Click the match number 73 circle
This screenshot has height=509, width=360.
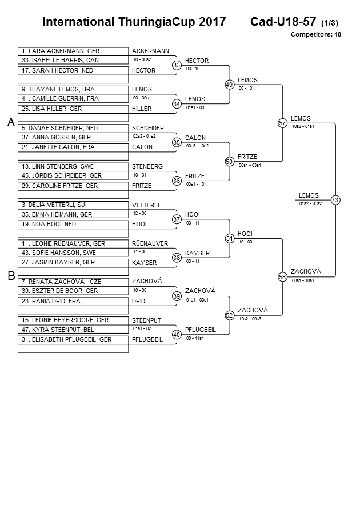pos(335,200)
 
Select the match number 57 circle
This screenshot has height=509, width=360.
pos(282,123)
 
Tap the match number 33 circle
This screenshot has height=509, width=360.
pos(177,65)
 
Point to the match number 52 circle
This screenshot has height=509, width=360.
pos(230,315)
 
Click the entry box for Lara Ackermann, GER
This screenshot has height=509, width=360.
pos(73,51)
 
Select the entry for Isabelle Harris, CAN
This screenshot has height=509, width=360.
pos(73,59)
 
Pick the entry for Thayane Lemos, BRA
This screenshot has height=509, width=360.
pos(73,90)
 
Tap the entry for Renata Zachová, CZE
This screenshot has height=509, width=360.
pos(73,282)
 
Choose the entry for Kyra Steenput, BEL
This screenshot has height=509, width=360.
pos(73,330)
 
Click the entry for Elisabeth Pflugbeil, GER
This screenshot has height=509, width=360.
pos(73,339)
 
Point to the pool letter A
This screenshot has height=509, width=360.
pos(10,122)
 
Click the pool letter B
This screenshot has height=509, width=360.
pos(10,276)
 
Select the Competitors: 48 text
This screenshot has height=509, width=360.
pos(315,34)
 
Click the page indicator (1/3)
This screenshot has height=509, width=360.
pos(330,23)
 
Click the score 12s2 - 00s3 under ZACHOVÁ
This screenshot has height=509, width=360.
pos(250,319)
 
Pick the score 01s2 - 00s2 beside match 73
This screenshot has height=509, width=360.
pos(310,203)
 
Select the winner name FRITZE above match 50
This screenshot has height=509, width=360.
pos(247,157)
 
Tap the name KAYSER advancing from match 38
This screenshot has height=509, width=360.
pos(197,253)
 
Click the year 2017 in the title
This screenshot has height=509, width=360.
pos(212,22)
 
